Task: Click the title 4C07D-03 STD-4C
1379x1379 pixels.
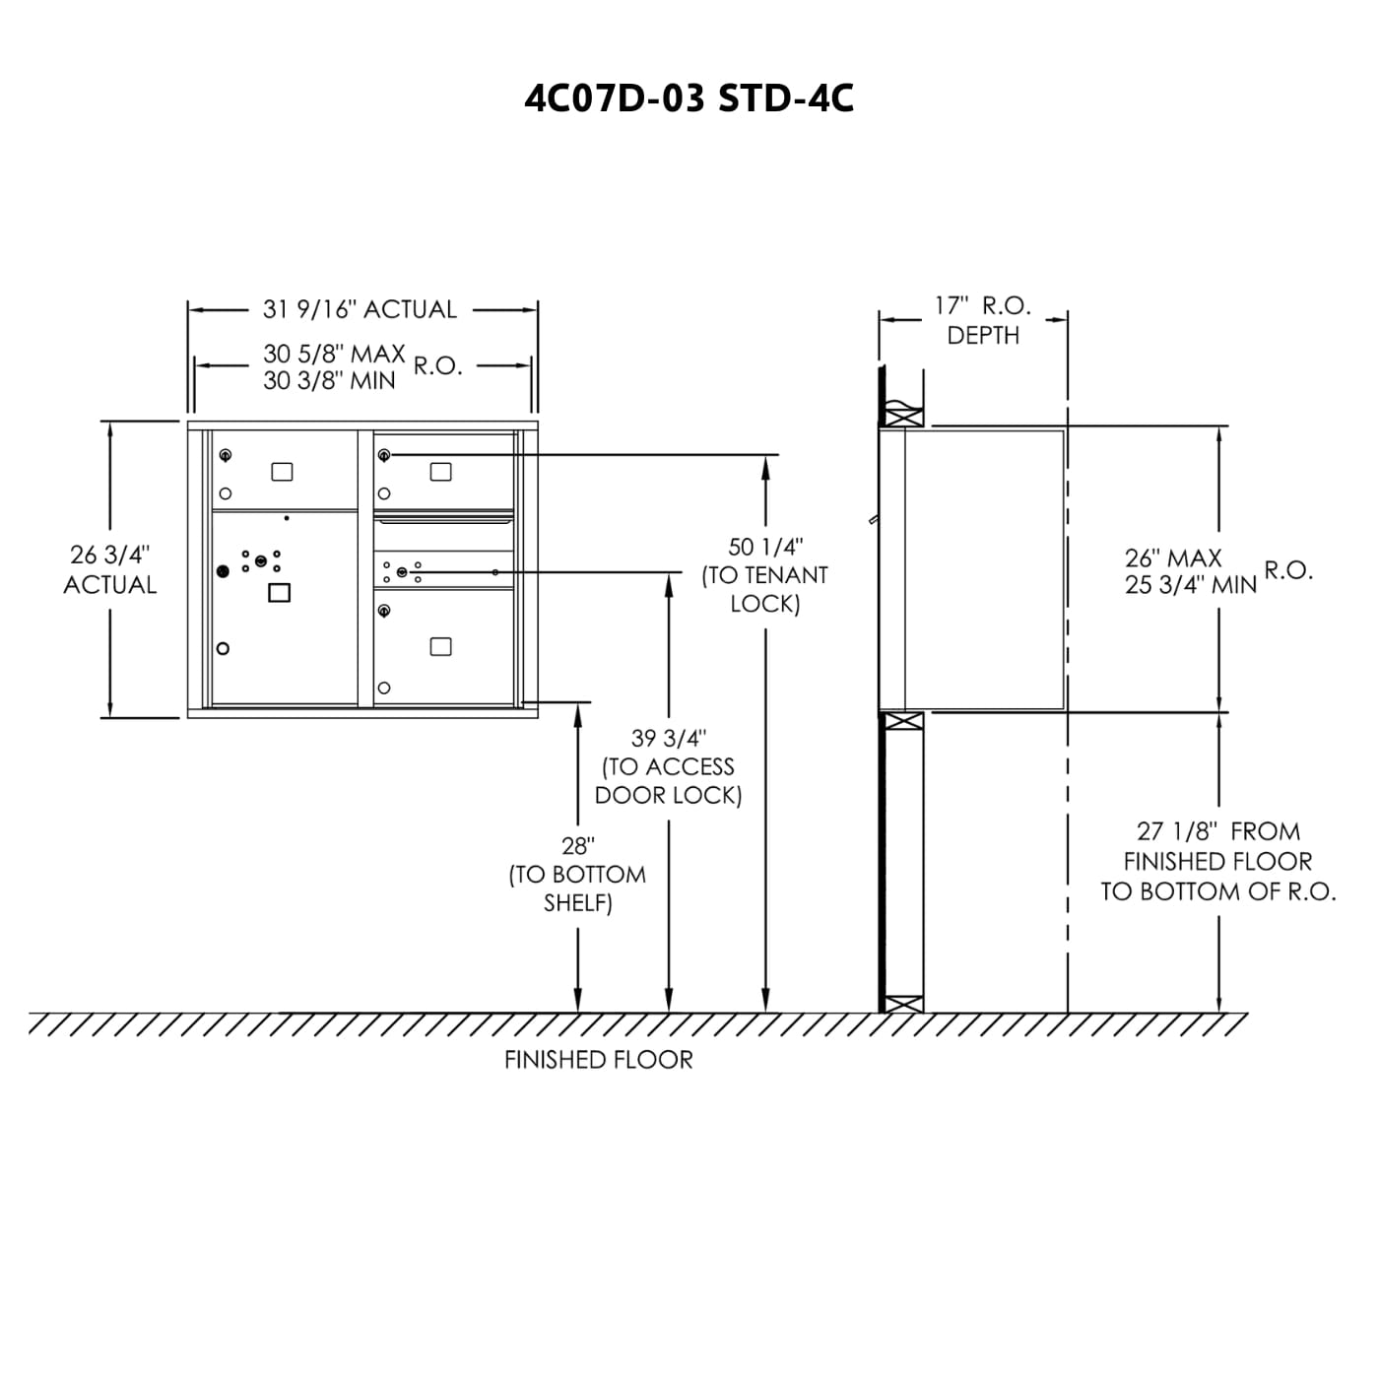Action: [x=689, y=98]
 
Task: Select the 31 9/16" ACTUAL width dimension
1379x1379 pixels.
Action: [x=360, y=309]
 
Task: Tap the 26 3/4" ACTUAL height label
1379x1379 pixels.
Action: [x=110, y=569]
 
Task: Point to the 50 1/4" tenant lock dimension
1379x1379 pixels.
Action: [x=765, y=574]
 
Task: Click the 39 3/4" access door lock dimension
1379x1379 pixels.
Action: [x=669, y=766]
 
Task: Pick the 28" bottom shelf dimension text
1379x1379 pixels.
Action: [x=577, y=874]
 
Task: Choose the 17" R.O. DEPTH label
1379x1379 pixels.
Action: [x=983, y=320]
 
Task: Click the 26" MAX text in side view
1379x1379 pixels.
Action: [x=1173, y=558]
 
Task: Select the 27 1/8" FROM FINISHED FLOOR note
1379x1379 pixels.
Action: [x=1218, y=861]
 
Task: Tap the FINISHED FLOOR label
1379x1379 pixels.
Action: [x=598, y=1060]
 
